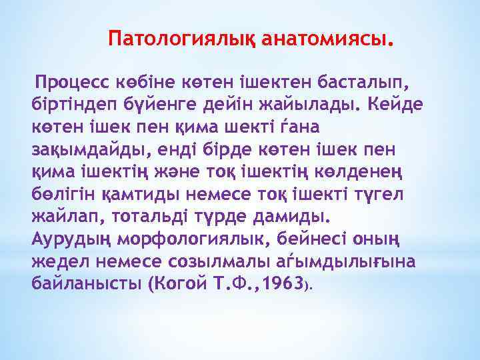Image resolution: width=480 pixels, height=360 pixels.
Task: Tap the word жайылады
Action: [x=305, y=105]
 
